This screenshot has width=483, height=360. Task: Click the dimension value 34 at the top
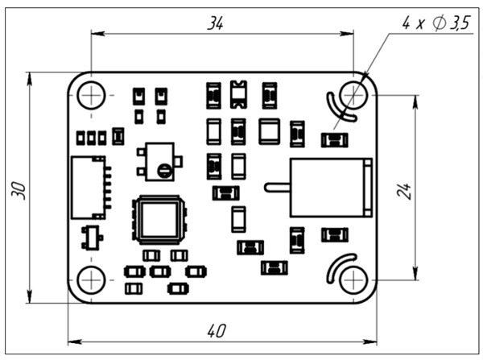tap(215, 23)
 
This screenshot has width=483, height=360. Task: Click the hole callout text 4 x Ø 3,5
tap(436, 24)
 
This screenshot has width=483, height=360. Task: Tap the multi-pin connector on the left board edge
tap(88, 188)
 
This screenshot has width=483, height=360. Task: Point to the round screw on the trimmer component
tap(164, 169)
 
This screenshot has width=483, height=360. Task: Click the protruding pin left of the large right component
tap(277, 188)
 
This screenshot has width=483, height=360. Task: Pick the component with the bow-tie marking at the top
tap(238, 94)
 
